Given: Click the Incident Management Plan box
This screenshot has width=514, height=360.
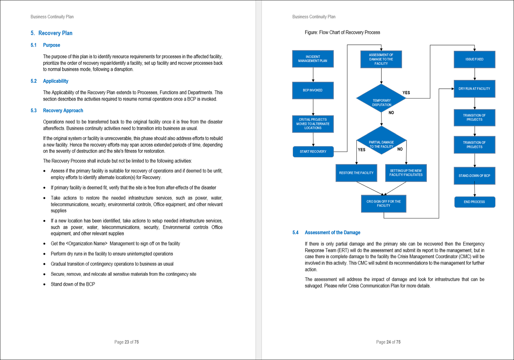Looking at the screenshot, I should point(313,59).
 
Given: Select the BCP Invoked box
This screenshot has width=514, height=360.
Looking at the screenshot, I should point(313,90).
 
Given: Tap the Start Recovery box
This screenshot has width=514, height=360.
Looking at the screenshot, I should point(313,152).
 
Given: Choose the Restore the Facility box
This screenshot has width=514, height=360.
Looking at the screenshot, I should point(356,173).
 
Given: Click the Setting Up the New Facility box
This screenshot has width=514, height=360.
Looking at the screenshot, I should point(406,173).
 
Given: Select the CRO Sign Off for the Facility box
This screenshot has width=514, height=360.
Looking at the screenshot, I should point(383,204).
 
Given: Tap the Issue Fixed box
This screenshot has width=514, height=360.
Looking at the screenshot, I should point(474,59).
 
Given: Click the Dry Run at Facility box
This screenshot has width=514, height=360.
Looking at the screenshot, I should point(474,89).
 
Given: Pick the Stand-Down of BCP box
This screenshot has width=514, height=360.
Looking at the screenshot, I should point(474,176).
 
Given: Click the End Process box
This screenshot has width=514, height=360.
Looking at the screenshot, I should point(474,202).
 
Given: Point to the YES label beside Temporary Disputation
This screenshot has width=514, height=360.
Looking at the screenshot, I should point(406,93).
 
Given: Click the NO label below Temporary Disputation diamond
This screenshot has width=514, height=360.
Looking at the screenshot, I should point(391,113).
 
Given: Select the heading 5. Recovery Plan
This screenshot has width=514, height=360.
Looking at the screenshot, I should point(52,33).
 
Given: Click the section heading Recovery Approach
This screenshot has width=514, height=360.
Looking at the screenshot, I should point(63,111).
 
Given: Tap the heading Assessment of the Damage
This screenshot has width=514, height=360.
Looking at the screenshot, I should point(332,232).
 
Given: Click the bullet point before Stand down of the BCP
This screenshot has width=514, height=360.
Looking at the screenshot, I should point(44,284).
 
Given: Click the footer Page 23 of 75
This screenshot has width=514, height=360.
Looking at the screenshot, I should point(126,342).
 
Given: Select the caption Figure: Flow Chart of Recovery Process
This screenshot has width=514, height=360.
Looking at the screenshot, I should point(342,32).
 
